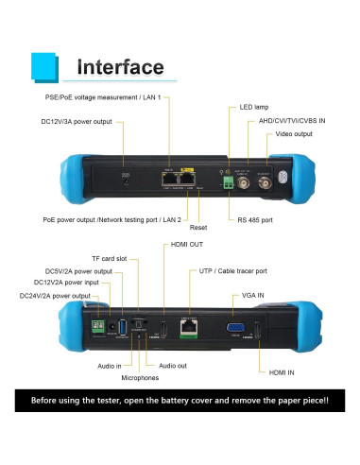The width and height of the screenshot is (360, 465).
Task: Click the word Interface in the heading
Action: pos(120,67)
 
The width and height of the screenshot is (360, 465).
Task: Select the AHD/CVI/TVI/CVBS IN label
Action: pos(293,122)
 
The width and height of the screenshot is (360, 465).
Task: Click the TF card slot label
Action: pos(110,258)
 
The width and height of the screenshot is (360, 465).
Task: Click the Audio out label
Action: pos(174,365)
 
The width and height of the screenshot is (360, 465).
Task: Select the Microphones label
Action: pos(139,377)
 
